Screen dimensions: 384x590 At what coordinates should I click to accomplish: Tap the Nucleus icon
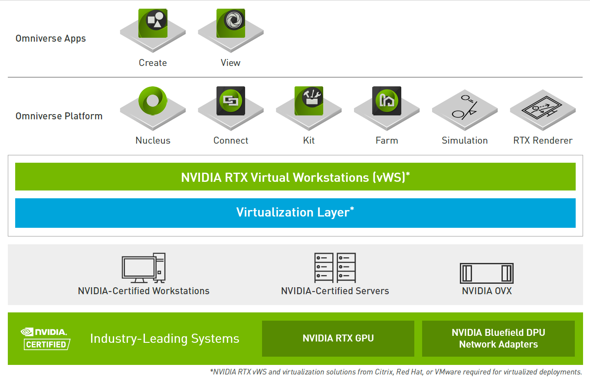pos(153,101)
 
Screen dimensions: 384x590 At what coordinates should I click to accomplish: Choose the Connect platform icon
pos(231,101)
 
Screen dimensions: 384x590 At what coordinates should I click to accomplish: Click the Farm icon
pos(387,101)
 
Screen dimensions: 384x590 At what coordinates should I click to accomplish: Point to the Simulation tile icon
pos(465,108)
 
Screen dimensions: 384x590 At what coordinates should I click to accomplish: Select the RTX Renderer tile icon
pos(543,108)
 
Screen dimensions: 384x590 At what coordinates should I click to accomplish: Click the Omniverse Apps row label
pos(51,39)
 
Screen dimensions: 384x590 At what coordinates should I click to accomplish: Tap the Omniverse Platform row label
pos(59,116)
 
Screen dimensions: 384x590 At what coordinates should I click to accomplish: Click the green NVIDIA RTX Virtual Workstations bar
pos(295,177)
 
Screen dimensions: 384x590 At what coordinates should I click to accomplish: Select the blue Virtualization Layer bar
pos(295,213)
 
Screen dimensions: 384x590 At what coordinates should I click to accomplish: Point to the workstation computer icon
pos(144,268)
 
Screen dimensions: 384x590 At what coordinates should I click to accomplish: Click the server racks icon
pos(335,268)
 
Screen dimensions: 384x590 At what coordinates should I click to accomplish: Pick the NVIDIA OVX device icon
pos(487,273)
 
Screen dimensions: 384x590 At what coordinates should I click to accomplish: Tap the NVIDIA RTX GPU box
pos(338,338)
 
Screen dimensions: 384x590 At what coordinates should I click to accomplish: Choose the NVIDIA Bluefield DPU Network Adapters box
pos(498,338)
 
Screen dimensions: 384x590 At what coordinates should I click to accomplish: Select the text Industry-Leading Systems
pos(164,338)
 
